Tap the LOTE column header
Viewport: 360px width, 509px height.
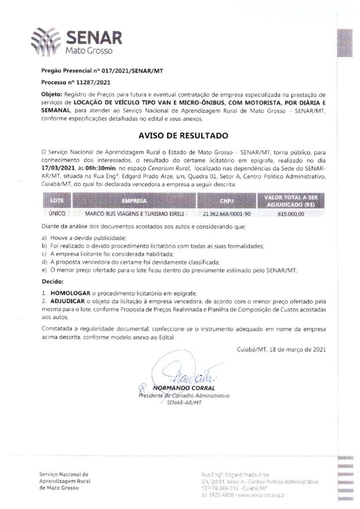57,201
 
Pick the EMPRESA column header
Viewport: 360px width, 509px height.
134,201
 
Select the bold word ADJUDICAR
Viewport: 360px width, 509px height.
67,302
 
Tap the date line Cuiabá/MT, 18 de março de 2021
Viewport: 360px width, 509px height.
281,349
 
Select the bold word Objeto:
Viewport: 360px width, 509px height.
53,94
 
